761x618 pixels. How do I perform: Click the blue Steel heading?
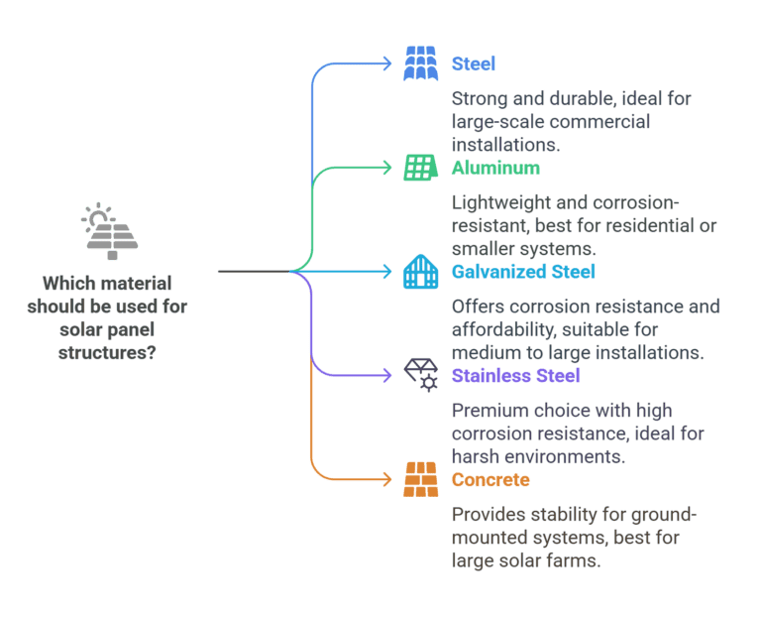tap(474, 64)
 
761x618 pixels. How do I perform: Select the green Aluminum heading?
tap(495, 168)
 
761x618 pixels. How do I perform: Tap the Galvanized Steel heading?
tap(523, 271)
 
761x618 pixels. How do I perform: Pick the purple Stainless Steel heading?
tap(515, 375)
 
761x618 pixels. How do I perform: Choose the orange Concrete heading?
tap(490, 480)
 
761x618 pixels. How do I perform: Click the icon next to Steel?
tap(421, 63)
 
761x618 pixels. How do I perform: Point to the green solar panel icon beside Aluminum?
tap(421, 168)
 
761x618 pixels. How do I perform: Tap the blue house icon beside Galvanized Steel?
tap(421, 271)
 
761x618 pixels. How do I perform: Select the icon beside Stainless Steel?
tap(421, 375)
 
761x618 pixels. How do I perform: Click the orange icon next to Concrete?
tap(421, 480)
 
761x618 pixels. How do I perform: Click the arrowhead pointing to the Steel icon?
tap(387, 64)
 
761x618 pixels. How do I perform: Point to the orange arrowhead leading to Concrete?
tap(387, 480)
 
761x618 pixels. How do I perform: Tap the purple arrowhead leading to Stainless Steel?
tap(387, 375)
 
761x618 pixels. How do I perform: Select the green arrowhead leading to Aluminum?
tap(387, 168)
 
